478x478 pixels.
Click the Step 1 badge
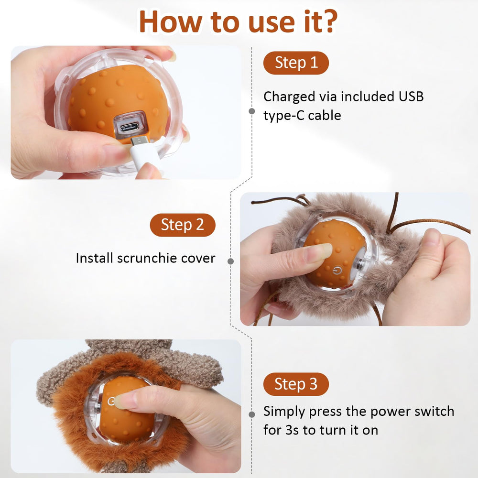pos(296,63)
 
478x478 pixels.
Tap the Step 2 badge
pos(183,225)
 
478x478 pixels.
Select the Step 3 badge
pos(296,384)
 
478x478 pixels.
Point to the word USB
pos(411,97)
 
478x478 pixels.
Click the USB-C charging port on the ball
pos(130,127)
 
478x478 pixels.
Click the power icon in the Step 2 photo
pos(337,270)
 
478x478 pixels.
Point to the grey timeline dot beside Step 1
pos(252,111)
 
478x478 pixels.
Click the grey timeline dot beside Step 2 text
pos(231,261)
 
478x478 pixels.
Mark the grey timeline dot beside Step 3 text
pos(252,414)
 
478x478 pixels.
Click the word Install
pos(95,258)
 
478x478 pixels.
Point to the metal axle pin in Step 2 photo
pos(361,264)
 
